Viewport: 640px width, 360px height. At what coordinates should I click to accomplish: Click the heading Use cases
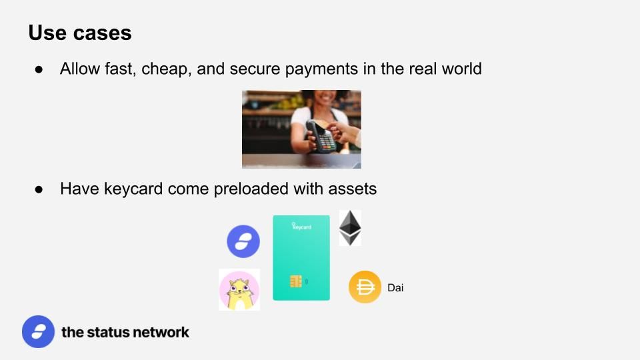pyautogui.click(x=80, y=33)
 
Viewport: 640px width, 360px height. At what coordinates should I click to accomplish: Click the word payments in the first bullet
pyautogui.click(x=321, y=69)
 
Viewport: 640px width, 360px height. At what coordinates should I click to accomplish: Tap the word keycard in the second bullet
pyautogui.click(x=133, y=189)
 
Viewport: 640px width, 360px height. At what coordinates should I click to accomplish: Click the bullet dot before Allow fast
pyautogui.click(x=39, y=70)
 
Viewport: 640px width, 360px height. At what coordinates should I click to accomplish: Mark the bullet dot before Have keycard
pyautogui.click(x=39, y=189)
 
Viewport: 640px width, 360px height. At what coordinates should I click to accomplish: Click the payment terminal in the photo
pyautogui.click(x=321, y=136)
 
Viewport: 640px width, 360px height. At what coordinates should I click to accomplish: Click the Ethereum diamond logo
pyautogui.click(x=350, y=228)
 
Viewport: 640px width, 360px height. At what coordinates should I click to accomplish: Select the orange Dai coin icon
pyautogui.click(x=365, y=287)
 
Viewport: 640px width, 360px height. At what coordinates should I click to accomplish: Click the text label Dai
pyautogui.click(x=395, y=288)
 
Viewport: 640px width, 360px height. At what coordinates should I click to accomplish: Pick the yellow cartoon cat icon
pyautogui.click(x=239, y=290)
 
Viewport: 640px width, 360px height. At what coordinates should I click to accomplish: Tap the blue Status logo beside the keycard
pyautogui.click(x=243, y=241)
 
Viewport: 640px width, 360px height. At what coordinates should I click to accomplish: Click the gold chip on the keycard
pyautogui.click(x=296, y=281)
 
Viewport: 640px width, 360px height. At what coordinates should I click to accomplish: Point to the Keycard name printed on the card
pyautogui.click(x=301, y=227)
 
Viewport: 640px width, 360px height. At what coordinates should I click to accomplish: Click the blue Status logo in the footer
pyautogui.click(x=39, y=331)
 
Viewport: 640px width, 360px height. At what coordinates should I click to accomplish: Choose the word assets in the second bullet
pyautogui.click(x=352, y=189)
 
